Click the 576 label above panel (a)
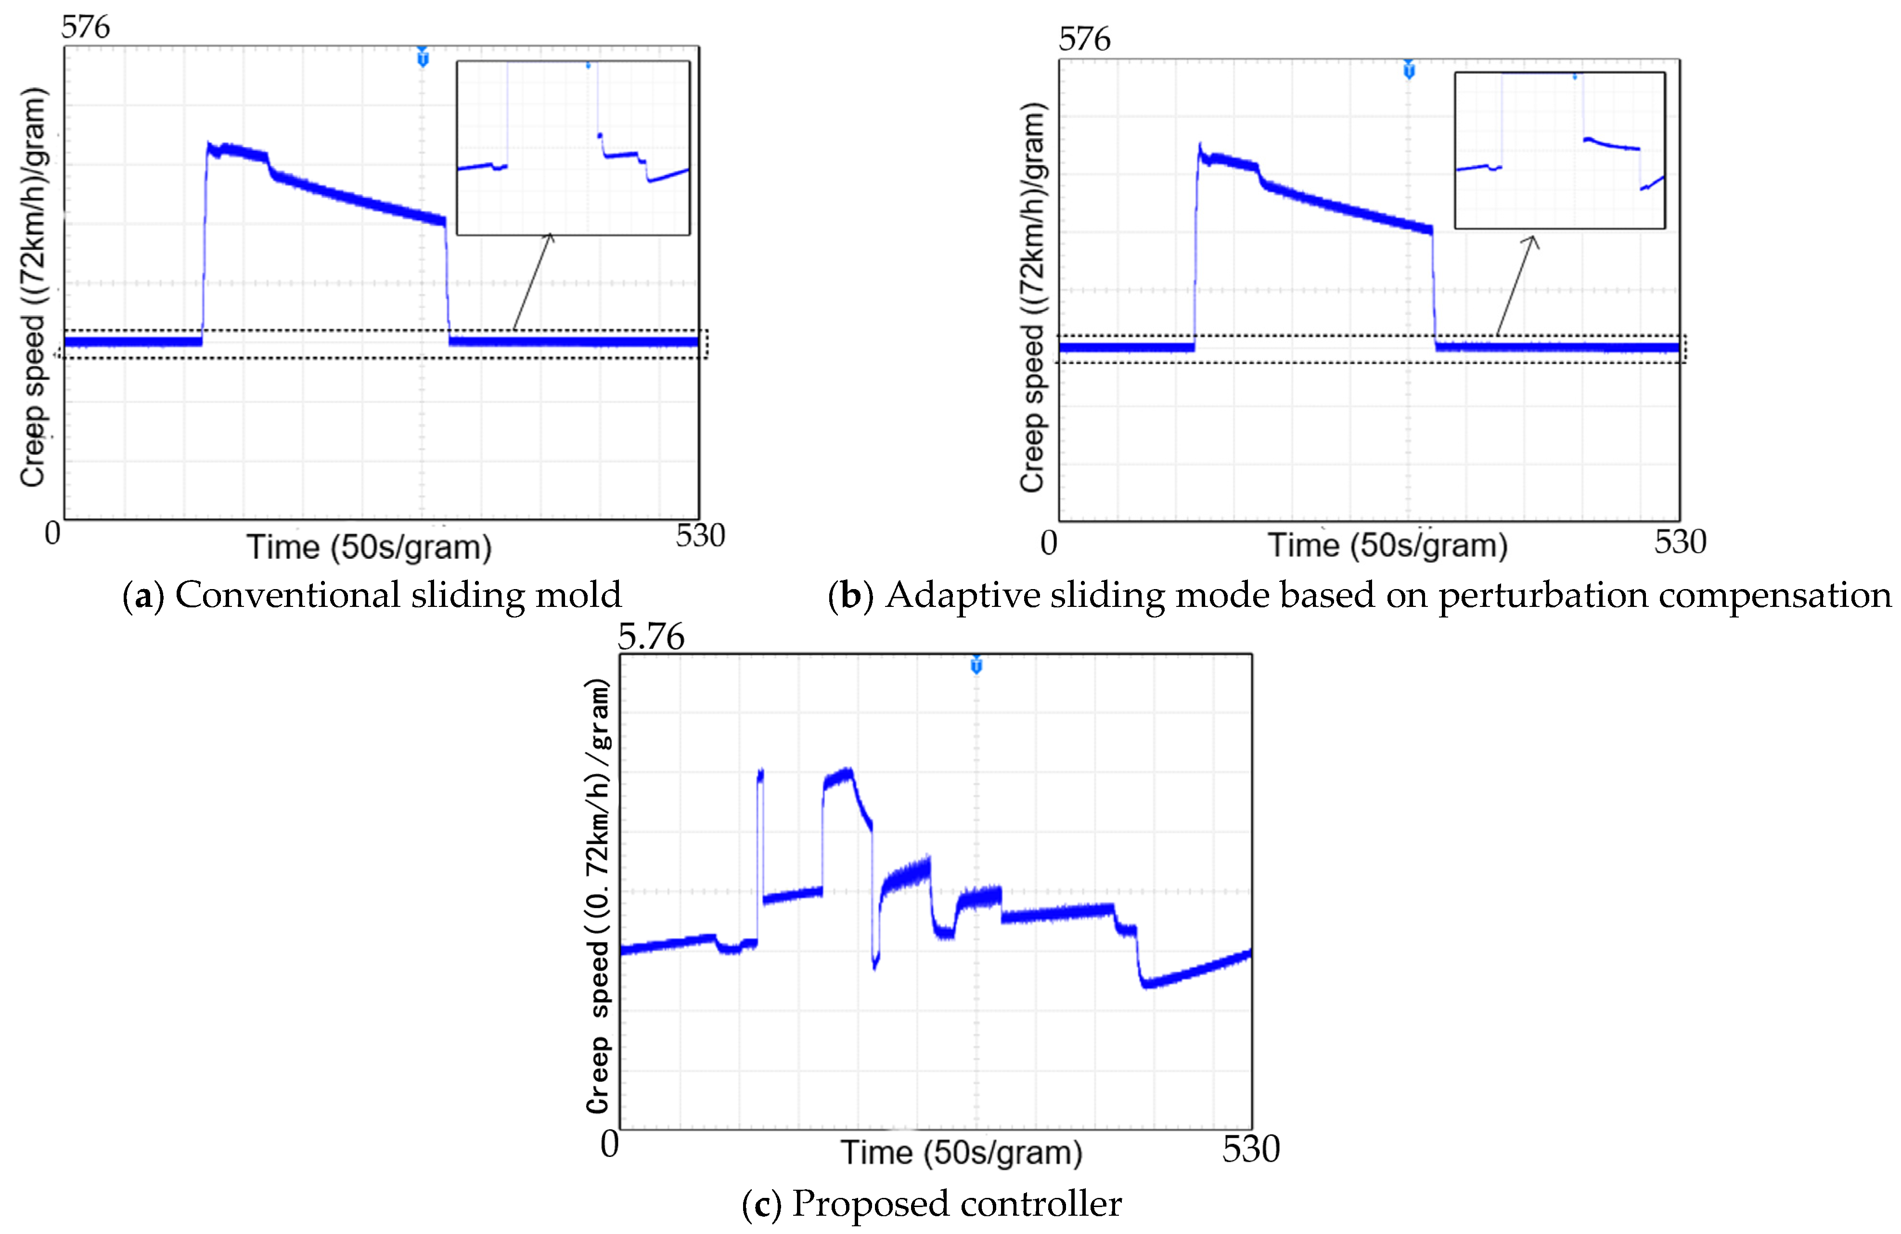coord(86,27)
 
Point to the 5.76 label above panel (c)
coord(651,637)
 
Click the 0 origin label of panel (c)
coord(609,1144)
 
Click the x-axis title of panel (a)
coord(369,548)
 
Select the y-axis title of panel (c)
coord(597,895)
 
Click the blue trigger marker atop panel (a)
coord(423,57)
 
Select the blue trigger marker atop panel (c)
coord(976,665)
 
